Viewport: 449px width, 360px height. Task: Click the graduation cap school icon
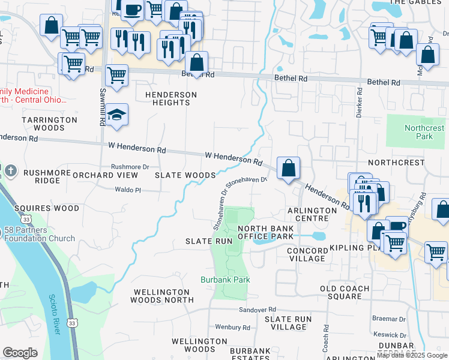[x=118, y=115]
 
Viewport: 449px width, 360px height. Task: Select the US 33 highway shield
[x=71, y=322]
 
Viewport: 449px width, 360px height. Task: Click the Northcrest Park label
[x=424, y=132]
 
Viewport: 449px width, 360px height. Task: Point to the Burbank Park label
[x=225, y=280]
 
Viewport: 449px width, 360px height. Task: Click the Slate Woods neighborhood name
[x=185, y=175]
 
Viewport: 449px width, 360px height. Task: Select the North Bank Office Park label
[x=265, y=233]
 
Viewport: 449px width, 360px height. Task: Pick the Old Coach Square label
[x=349, y=292]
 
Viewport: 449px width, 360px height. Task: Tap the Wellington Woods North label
[x=163, y=296]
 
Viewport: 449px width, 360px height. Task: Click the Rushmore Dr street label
[x=130, y=167]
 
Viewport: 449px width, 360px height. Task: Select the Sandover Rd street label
[x=256, y=310]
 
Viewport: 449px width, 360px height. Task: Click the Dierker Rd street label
[x=358, y=103]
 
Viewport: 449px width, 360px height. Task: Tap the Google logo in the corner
[x=20, y=353]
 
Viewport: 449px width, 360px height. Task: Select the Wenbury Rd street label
[x=232, y=327]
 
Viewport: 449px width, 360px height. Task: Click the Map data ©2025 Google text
[x=412, y=355]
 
